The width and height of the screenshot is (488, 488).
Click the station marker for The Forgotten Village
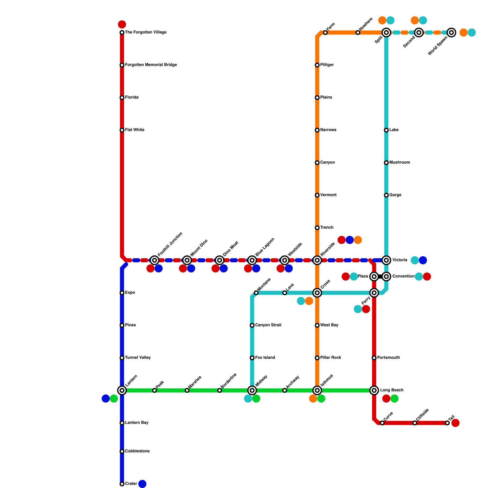coord(122,32)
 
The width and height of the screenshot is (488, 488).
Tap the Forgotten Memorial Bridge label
coord(151,65)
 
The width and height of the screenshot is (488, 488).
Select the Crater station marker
coord(122,484)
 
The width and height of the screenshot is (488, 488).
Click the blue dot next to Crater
coord(142,484)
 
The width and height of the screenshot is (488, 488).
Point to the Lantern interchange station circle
coord(122,390)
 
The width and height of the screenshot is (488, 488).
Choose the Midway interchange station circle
coord(252,390)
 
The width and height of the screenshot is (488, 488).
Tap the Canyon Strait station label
coord(268,325)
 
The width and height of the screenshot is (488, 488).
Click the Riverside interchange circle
coord(317,260)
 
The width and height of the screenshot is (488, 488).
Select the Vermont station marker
coord(317,195)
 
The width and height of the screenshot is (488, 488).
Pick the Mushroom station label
coord(400,163)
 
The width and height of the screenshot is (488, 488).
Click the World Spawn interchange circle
coord(451,32)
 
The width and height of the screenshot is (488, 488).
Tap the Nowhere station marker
coord(358,32)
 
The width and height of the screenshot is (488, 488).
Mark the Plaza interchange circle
coord(374,277)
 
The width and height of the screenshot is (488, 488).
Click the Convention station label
coord(403,276)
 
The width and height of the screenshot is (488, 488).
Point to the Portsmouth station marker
coord(374,358)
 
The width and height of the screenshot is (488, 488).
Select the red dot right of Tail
coord(455,423)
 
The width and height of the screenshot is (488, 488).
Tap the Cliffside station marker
coord(415,423)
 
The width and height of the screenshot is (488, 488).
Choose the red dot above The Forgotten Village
coord(122,24)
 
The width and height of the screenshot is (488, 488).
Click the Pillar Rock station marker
coord(317,358)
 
